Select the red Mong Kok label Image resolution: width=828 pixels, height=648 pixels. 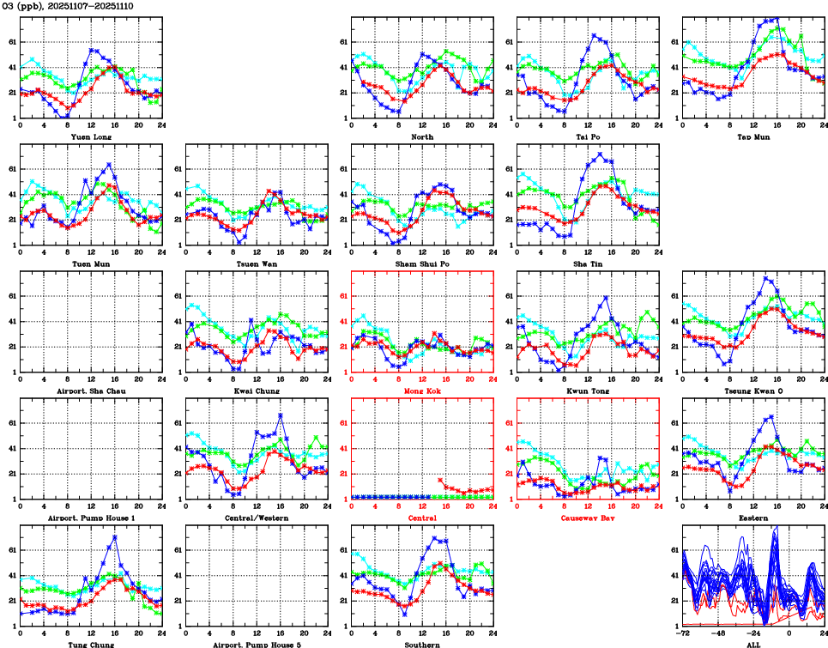[422, 391]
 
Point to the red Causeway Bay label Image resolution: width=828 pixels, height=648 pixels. [588, 518]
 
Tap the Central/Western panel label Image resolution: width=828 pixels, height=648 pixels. [257, 518]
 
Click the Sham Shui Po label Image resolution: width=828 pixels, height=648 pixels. [422, 263]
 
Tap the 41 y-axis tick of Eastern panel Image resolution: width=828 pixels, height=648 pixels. [674, 448]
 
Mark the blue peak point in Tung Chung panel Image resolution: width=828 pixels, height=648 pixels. [115, 537]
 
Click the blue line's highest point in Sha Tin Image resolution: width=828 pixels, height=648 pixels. [601, 154]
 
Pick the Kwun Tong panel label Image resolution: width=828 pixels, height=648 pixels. [588, 391]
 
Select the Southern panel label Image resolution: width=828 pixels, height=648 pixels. [422, 645]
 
